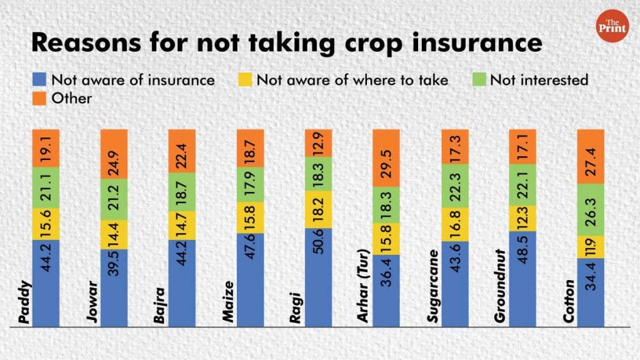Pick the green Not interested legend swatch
pos(479,79)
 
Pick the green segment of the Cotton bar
pos(591,209)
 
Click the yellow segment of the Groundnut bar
pos(524,218)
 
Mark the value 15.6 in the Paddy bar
pos(46,223)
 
